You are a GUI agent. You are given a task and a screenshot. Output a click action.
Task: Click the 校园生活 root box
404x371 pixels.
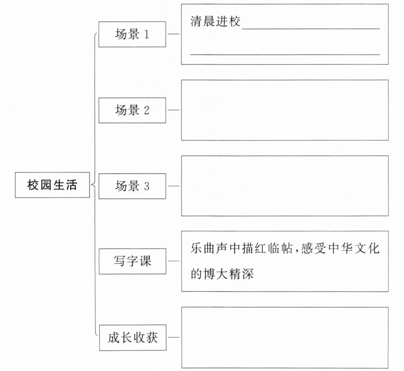point(52,185)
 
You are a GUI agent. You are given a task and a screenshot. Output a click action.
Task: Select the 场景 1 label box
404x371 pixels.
point(132,34)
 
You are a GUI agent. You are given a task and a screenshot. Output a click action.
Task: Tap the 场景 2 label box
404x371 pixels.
point(132,110)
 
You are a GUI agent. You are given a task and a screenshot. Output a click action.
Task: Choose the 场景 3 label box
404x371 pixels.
point(132,186)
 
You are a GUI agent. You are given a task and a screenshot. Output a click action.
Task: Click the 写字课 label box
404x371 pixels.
point(133,261)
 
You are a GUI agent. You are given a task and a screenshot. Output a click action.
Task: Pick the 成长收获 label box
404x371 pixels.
point(133,338)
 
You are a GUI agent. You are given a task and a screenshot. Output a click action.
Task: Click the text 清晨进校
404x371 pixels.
point(215,21)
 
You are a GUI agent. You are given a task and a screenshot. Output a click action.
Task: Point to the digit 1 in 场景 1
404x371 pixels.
point(146,34)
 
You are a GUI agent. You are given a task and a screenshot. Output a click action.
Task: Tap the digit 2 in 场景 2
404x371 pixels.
point(147,110)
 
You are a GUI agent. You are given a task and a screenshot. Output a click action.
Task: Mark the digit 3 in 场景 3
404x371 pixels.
point(147,186)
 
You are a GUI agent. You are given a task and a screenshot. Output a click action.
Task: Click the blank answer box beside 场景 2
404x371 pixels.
point(285,110)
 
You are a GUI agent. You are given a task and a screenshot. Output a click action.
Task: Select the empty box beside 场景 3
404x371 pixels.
point(285,186)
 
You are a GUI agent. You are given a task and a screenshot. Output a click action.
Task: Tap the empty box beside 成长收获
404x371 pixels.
point(285,338)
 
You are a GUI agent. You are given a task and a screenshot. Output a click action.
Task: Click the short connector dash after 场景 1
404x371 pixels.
point(173,34)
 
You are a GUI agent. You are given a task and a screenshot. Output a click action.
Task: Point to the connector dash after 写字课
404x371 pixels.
point(173,261)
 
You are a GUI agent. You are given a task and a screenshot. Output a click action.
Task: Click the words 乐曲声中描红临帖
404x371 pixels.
point(241,248)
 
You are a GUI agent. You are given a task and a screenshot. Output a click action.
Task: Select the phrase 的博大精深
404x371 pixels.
point(222,274)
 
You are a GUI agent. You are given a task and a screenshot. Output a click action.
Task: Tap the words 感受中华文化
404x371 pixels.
point(340,248)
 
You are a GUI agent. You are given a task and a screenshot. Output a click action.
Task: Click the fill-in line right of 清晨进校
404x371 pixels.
point(311,29)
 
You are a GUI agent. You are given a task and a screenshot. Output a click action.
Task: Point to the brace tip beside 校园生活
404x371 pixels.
point(91,185)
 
